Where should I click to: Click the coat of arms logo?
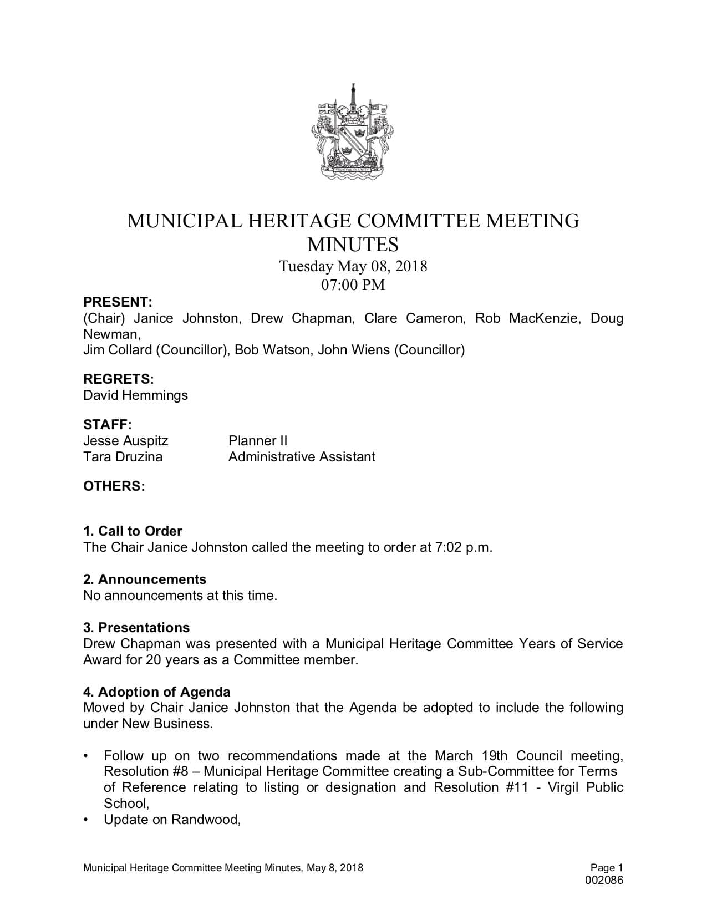coord(353,133)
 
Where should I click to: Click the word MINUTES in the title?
coord(353,244)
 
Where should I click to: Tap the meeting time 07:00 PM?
coord(353,285)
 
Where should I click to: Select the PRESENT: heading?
coord(118,302)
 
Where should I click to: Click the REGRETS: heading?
coord(118,379)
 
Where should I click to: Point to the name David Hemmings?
coord(135,395)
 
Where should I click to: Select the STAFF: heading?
coord(108,425)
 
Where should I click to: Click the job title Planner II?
coord(258,441)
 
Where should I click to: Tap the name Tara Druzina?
coord(123,457)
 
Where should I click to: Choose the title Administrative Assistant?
coord(302,457)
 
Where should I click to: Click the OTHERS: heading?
coord(114,486)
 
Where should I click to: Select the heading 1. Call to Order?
coord(133,531)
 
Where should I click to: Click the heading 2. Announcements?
coord(145,579)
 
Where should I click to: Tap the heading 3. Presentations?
coord(136,628)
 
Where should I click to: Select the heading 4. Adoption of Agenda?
coord(157,692)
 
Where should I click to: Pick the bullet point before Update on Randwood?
coord(86,820)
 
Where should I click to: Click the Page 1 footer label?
coord(607,868)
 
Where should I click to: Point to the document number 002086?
coord(604,880)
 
